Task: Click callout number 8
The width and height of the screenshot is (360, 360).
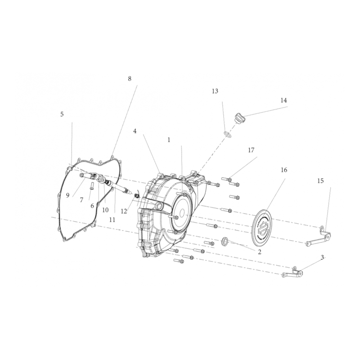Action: [x=130, y=79]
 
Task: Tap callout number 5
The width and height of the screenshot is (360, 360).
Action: [x=62, y=114]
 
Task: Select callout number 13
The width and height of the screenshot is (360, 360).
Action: [x=215, y=91]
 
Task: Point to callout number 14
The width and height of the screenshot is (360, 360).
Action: [x=284, y=100]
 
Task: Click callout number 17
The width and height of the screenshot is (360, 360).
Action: [x=251, y=150]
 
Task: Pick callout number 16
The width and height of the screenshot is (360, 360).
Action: [x=284, y=170]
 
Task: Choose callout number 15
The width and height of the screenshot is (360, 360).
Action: [x=320, y=181]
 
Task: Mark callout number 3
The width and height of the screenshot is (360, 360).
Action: [x=322, y=257]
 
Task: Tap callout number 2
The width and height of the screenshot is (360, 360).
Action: [x=260, y=252]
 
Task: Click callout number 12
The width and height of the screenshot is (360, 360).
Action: [x=124, y=211]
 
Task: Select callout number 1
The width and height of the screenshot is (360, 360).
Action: [x=169, y=140]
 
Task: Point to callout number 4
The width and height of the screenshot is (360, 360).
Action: [x=135, y=131]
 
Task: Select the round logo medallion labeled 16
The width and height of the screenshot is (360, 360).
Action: [x=262, y=227]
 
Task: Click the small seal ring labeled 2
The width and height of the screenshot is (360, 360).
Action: [x=225, y=241]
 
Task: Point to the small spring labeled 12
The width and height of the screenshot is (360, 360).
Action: [x=137, y=196]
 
